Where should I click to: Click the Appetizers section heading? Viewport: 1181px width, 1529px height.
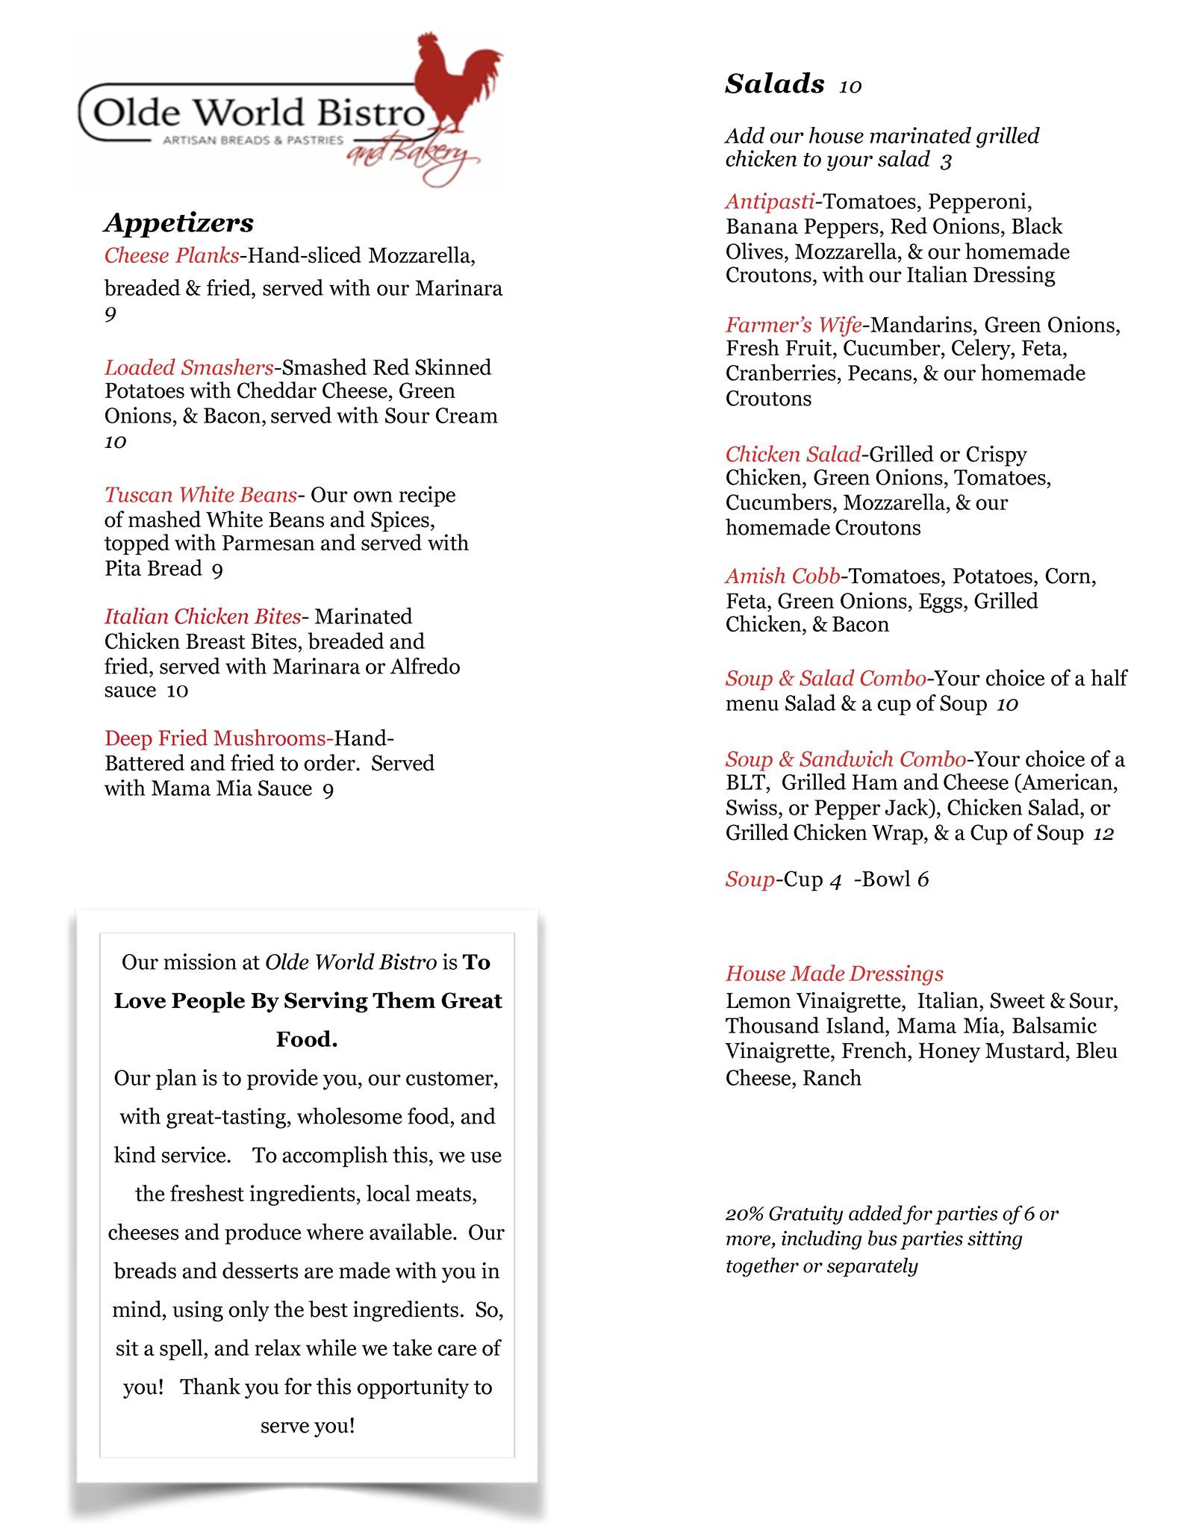pos(179,222)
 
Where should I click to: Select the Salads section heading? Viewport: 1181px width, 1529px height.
pos(775,84)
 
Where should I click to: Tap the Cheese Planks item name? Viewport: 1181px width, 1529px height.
pos(172,256)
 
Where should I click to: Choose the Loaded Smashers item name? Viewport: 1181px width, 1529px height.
pos(189,367)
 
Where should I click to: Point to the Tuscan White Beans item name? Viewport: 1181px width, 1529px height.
pos(200,495)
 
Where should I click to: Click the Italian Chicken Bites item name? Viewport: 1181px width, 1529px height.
pos(202,617)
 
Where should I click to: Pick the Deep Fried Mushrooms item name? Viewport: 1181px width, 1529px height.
pos(218,738)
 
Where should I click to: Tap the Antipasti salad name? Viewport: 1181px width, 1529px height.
pos(770,202)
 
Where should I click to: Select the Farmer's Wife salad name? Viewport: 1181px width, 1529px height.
pos(794,325)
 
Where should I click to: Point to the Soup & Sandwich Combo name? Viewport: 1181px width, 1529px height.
pos(846,759)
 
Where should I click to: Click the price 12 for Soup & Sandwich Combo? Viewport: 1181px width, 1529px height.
pos(1103,833)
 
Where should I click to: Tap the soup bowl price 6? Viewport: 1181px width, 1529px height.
pos(923,879)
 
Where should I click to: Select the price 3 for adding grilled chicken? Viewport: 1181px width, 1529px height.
pos(946,161)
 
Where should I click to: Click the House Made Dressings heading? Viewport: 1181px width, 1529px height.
pos(835,974)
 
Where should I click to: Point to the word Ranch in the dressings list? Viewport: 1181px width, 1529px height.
pos(832,1078)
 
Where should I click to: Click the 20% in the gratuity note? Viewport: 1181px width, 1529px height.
pos(744,1214)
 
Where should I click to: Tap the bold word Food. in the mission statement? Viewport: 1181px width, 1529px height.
pos(307,1039)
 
